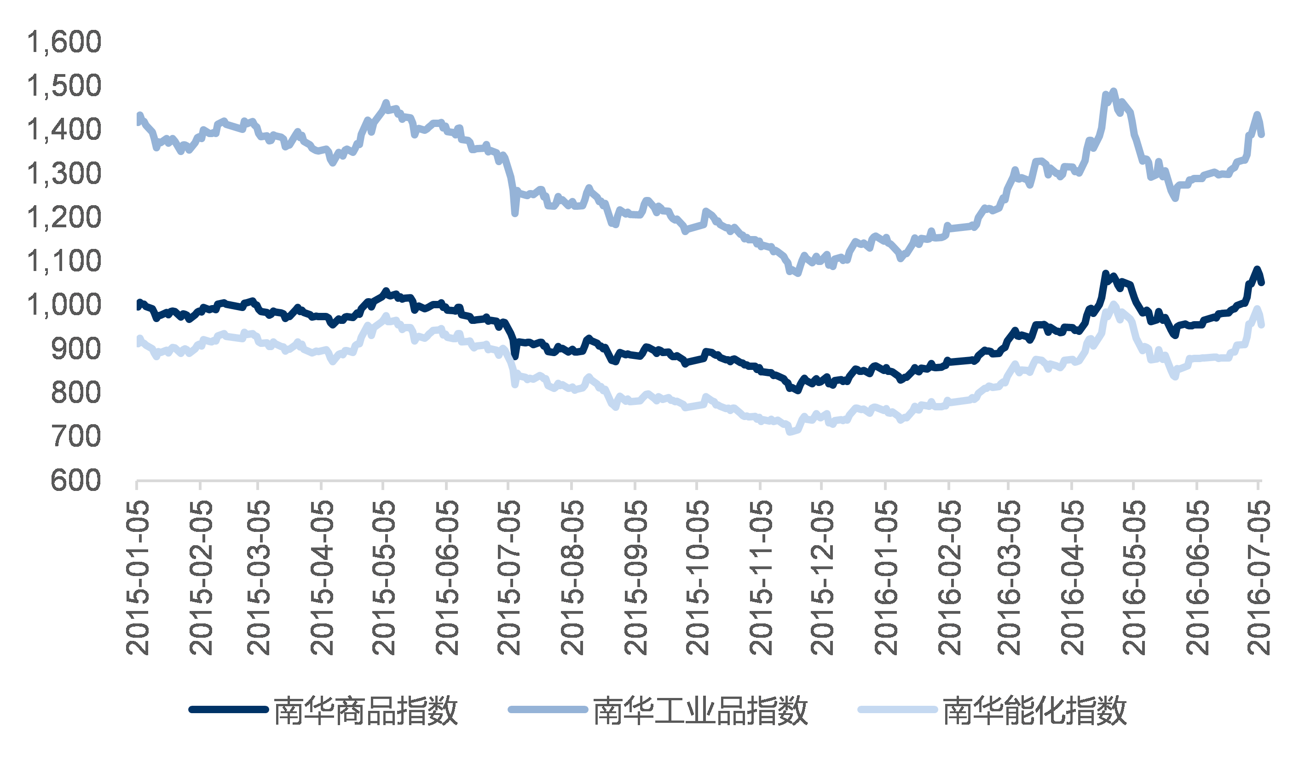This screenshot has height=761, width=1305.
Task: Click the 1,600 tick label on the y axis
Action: [64, 42]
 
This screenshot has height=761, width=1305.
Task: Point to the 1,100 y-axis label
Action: [64, 261]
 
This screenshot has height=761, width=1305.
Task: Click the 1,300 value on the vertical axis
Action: [64, 173]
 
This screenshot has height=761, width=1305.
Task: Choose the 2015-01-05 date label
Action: [138, 578]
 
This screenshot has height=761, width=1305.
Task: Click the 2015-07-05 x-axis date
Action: [508, 578]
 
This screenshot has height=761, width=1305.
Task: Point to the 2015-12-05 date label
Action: [822, 578]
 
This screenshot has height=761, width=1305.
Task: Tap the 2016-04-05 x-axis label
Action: [1072, 578]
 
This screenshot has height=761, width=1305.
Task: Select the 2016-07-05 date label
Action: [1259, 578]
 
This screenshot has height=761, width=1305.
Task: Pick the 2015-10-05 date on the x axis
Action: [697, 578]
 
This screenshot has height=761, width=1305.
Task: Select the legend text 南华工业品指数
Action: [700, 711]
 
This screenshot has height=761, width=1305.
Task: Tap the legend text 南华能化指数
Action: [1035, 711]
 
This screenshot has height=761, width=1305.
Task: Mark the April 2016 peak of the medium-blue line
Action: [1114, 92]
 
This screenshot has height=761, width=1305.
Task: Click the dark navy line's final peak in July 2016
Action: [1257, 270]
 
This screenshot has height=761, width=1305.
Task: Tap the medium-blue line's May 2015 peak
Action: [386, 103]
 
